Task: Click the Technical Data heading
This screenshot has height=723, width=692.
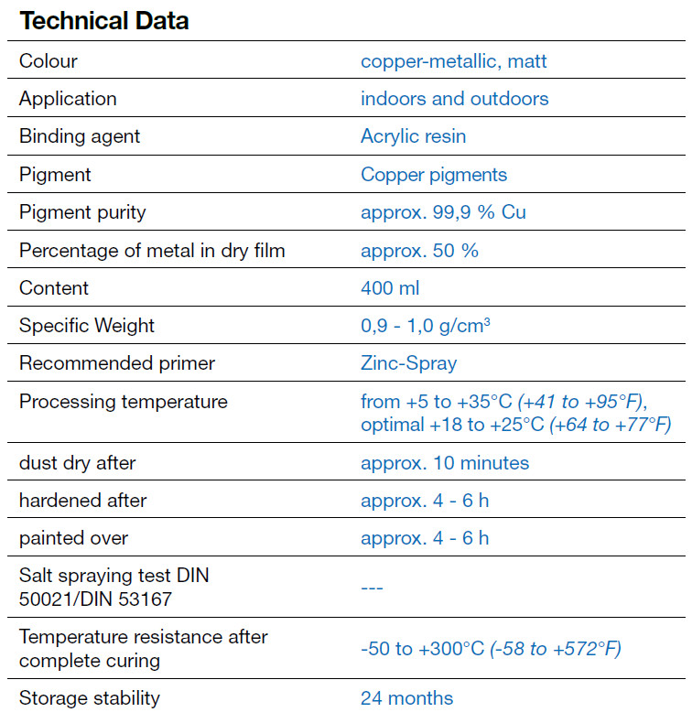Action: click(104, 21)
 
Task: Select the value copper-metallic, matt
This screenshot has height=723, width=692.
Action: click(454, 61)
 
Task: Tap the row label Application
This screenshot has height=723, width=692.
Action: click(68, 99)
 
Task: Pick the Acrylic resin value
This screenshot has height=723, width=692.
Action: click(413, 136)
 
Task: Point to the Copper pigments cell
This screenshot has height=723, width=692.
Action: click(434, 174)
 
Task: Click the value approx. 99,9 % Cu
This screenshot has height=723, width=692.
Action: click(443, 212)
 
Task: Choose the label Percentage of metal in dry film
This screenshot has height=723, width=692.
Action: click(152, 250)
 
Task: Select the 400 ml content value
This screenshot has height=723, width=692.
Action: click(390, 287)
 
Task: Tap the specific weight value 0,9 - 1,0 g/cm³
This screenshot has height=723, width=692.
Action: click(426, 326)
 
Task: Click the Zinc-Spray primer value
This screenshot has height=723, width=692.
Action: click(408, 363)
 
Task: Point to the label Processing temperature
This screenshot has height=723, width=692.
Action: click(124, 402)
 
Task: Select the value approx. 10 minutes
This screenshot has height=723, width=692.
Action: click(445, 463)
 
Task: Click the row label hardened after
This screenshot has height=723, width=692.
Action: click(82, 501)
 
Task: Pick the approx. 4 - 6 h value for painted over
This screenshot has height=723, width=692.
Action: click(425, 538)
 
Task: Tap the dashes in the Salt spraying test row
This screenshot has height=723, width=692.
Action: click(372, 587)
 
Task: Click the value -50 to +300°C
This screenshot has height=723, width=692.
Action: click(422, 649)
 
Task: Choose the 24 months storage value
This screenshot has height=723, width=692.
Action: click(406, 698)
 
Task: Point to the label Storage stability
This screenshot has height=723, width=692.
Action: click(90, 698)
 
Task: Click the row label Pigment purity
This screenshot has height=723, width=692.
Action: click(82, 212)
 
